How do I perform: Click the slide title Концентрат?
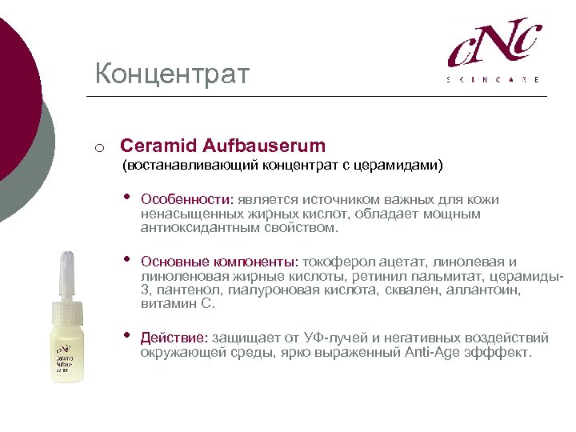point(172,74)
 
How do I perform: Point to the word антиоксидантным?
point(190,228)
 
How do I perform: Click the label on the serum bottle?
point(66,358)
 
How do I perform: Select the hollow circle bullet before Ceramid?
point(98,147)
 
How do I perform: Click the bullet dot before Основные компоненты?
point(125,260)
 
